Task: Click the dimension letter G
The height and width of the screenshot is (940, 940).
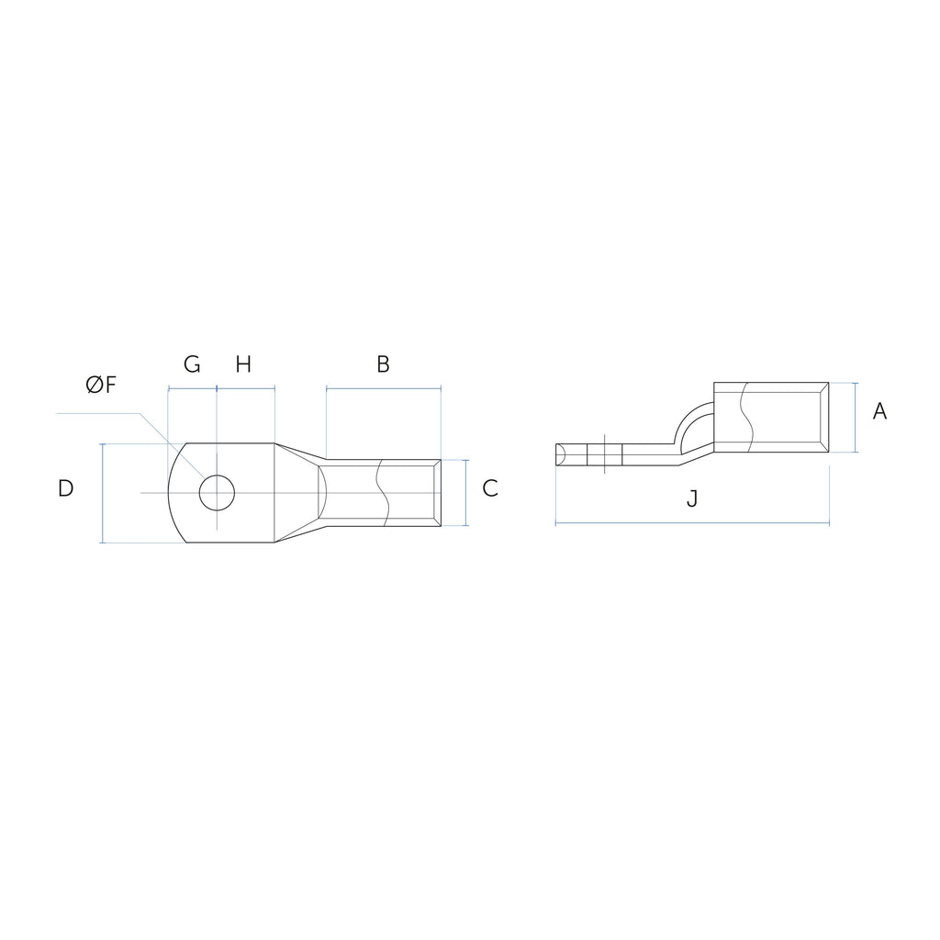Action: (x=192, y=364)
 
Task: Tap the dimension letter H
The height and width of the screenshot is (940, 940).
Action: (x=242, y=364)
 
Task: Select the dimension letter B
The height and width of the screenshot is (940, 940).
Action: (x=383, y=364)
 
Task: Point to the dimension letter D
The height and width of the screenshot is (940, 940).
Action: (x=65, y=488)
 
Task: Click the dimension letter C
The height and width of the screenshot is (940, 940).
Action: (x=490, y=488)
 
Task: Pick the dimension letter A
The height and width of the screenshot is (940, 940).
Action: (x=879, y=411)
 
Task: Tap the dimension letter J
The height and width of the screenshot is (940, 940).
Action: (x=692, y=498)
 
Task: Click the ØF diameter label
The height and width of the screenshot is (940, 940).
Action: (x=101, y=385)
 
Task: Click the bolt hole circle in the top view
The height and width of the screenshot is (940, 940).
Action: (x=217, y=476)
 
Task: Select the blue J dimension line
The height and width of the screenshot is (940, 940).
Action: (x=692, y=524)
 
